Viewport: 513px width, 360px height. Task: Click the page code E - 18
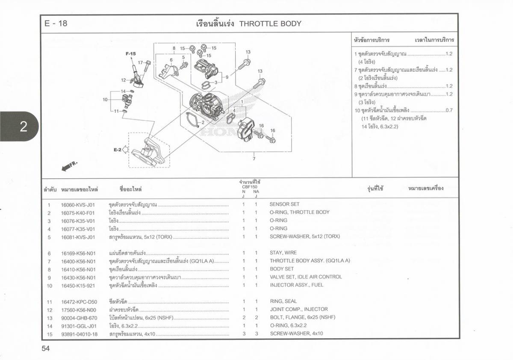coord(56,24)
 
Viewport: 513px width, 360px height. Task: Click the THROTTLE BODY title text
coord(270,24)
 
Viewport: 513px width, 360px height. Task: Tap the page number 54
coord(46,348)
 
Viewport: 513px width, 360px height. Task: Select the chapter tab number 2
coord(24,126)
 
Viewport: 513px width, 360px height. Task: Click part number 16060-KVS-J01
coord(78,205)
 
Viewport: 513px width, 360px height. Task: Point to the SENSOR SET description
coord(284,204)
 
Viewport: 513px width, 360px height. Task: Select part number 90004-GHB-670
coord(79,318)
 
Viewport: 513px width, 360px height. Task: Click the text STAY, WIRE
coord(283,253)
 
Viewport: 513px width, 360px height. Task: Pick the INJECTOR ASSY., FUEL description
coord(296,285)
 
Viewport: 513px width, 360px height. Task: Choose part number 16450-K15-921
coord(78,286)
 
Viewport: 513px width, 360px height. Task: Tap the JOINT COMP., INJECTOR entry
coord(299,309)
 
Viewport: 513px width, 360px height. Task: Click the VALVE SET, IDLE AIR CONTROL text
coord(306,277)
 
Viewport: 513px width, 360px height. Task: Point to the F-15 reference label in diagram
coord(130,54)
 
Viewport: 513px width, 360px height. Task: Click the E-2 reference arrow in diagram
coord(120,150)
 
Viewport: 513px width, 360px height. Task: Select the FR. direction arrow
coord(70,166)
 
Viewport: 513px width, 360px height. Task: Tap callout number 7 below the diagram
coord(254,159)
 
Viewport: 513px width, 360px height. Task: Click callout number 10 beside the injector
coord(105,100)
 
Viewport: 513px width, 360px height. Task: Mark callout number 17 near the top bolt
coord(140,62)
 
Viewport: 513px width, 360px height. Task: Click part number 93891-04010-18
coord(79,334)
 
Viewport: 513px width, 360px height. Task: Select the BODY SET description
coord(282,269)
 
